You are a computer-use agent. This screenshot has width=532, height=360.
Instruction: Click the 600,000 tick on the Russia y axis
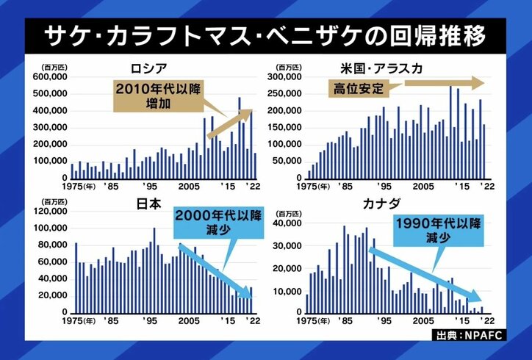click(x=49, y=76)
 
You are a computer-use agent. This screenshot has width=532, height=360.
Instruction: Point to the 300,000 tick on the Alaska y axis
click(x=287, y=76)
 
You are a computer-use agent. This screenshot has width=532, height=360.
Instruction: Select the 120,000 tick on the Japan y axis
click(x=49, y=211)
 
